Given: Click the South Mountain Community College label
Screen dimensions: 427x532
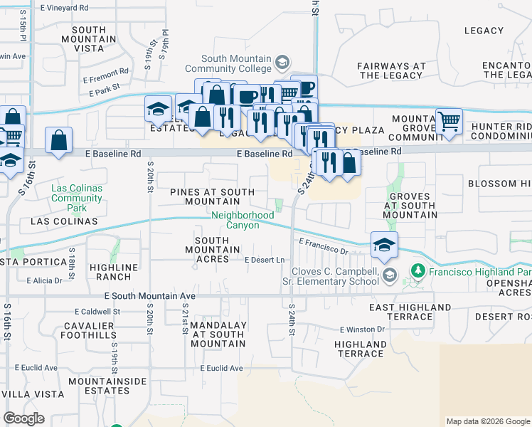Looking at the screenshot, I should (x=237, y=63).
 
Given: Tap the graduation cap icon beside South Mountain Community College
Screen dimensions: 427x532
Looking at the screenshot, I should (x=282, y=63).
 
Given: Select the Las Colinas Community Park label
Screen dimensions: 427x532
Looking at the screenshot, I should (x=77, y=198).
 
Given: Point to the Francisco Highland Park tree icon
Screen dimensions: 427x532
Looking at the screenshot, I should (x=417, y=271).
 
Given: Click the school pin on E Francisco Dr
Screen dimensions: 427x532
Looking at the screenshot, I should (x=384, y=244).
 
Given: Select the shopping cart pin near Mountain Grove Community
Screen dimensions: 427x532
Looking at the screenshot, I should (x=449, y=122).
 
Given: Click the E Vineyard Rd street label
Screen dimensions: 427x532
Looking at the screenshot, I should (x=65, y=7).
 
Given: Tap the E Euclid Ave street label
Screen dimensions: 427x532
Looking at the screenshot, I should (x=221, y=368).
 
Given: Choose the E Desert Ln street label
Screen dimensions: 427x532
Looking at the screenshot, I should (x=265, y=260).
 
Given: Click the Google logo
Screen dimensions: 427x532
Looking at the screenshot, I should (x=24, y=418).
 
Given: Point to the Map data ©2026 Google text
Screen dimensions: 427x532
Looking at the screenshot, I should (x=487, y=421).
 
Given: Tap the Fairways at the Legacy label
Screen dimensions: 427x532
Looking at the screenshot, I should (x=392, y=70).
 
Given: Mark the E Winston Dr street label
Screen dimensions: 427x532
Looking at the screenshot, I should (x=362, y=330).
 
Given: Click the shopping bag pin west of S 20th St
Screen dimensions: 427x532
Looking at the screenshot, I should (x=58, y=141).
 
